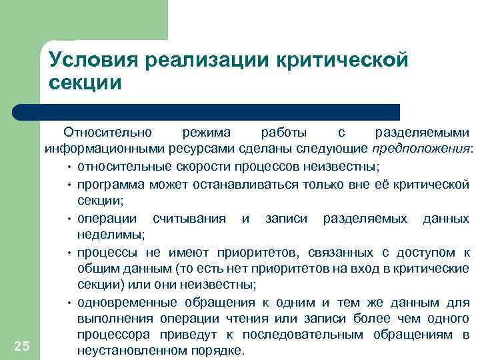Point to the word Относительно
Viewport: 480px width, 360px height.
pos(109,131)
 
